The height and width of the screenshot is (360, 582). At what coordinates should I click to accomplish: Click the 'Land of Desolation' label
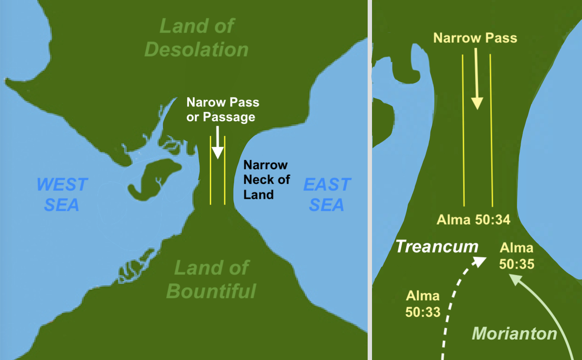tap(196, 38)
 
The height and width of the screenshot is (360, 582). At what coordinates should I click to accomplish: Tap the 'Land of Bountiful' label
tap(211, 279)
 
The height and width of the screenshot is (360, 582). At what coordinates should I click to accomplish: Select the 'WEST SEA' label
tap(62, 195)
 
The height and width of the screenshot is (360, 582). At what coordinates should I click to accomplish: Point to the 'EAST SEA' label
tap(327, 195)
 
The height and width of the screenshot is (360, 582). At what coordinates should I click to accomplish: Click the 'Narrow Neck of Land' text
tap(266, 180)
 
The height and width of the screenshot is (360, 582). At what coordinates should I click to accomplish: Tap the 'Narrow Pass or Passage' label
tap(223, 110)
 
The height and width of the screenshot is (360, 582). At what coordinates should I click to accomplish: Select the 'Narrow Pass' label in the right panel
tap(475, 38)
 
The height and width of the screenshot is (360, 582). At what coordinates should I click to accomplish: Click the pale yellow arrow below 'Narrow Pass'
tap(477, 80)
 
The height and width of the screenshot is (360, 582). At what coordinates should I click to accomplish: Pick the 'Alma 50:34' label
tap(473, 219)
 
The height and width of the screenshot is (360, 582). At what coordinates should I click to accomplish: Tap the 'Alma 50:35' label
tap(516, 256)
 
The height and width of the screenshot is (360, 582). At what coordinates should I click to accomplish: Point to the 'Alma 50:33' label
tap(423, 303)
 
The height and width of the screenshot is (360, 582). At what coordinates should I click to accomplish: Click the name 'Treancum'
tap(437, 246)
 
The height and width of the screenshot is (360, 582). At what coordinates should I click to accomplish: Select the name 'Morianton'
tap(514, 333)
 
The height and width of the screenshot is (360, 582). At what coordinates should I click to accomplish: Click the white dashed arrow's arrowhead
tap(480, 260)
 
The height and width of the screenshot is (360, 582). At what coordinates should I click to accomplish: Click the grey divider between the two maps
tap(369, 180)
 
